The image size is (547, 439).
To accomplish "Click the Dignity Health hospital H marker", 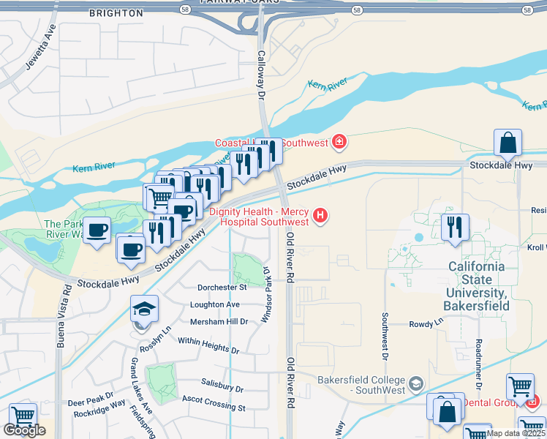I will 320,215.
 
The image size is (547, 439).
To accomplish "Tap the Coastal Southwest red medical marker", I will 339,140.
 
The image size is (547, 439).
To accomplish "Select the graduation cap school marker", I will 145,309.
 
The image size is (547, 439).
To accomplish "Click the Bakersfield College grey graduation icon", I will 415,383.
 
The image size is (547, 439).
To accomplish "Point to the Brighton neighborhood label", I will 116,13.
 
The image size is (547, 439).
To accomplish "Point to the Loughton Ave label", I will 215,304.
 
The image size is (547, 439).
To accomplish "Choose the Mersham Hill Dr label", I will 219,322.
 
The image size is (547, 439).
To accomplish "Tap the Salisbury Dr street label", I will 222,387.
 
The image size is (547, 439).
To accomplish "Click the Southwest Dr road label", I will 384,337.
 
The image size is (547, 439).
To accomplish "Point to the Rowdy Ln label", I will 426,323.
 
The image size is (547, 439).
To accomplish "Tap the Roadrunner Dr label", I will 478,364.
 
